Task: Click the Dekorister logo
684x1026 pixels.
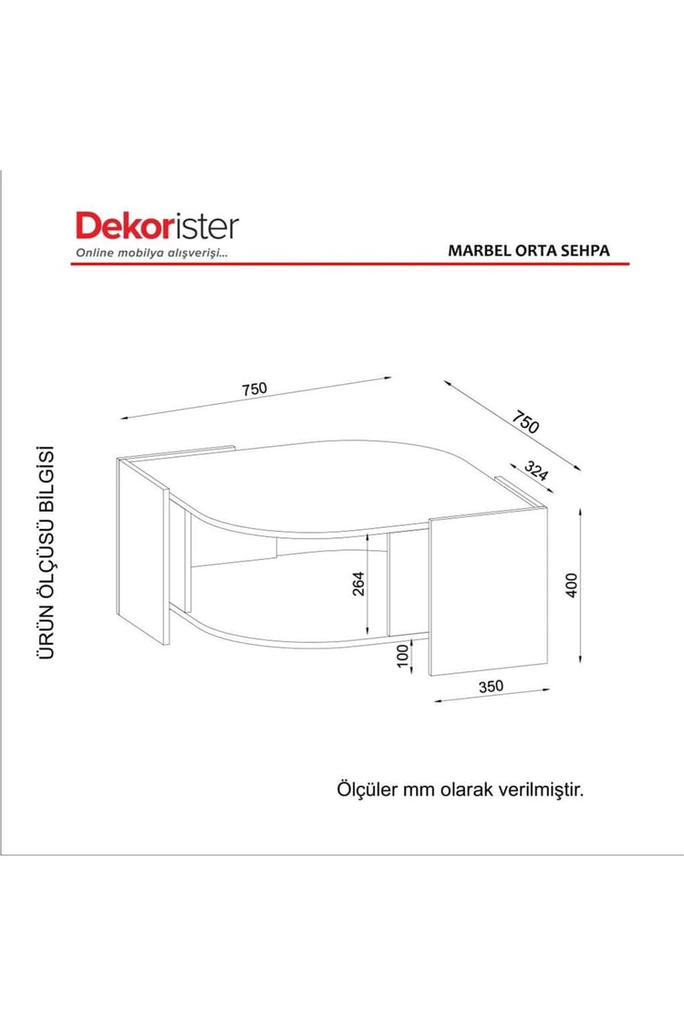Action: [156, 226]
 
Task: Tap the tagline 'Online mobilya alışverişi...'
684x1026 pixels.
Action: [151, 253]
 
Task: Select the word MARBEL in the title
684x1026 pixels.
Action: [477, 250]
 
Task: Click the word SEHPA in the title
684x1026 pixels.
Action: [584, 250]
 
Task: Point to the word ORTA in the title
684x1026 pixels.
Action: [532, 250]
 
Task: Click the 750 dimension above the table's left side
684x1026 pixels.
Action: [254, 389]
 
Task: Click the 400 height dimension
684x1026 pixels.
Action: [572, 584]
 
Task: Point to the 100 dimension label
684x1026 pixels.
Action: [402, 656]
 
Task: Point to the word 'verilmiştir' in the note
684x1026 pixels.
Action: [541, 789]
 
